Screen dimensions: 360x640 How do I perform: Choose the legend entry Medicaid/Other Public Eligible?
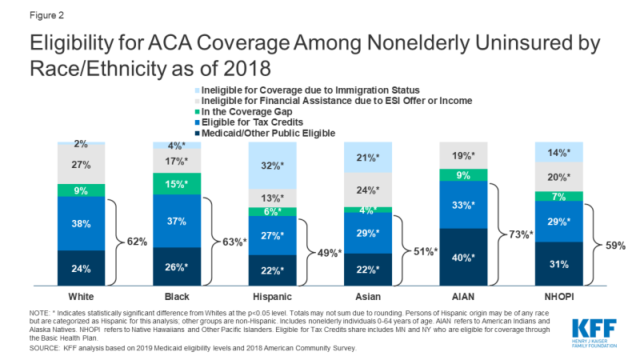coord(258,133)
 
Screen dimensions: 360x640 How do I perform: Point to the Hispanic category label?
coord(272,297)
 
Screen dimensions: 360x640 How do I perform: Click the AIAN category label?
coord(462,297)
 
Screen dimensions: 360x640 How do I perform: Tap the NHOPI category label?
coord(558,297)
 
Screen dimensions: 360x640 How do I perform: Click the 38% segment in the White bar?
coord(80,225)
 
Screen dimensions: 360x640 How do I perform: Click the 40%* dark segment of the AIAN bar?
coord(463,258)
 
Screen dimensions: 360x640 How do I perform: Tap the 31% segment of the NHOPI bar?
coord(558,264)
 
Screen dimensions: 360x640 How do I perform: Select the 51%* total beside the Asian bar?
coord(425,251)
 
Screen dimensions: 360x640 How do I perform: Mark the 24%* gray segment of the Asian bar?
coord(367,190)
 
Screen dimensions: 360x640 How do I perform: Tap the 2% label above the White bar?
coord(81,143)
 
